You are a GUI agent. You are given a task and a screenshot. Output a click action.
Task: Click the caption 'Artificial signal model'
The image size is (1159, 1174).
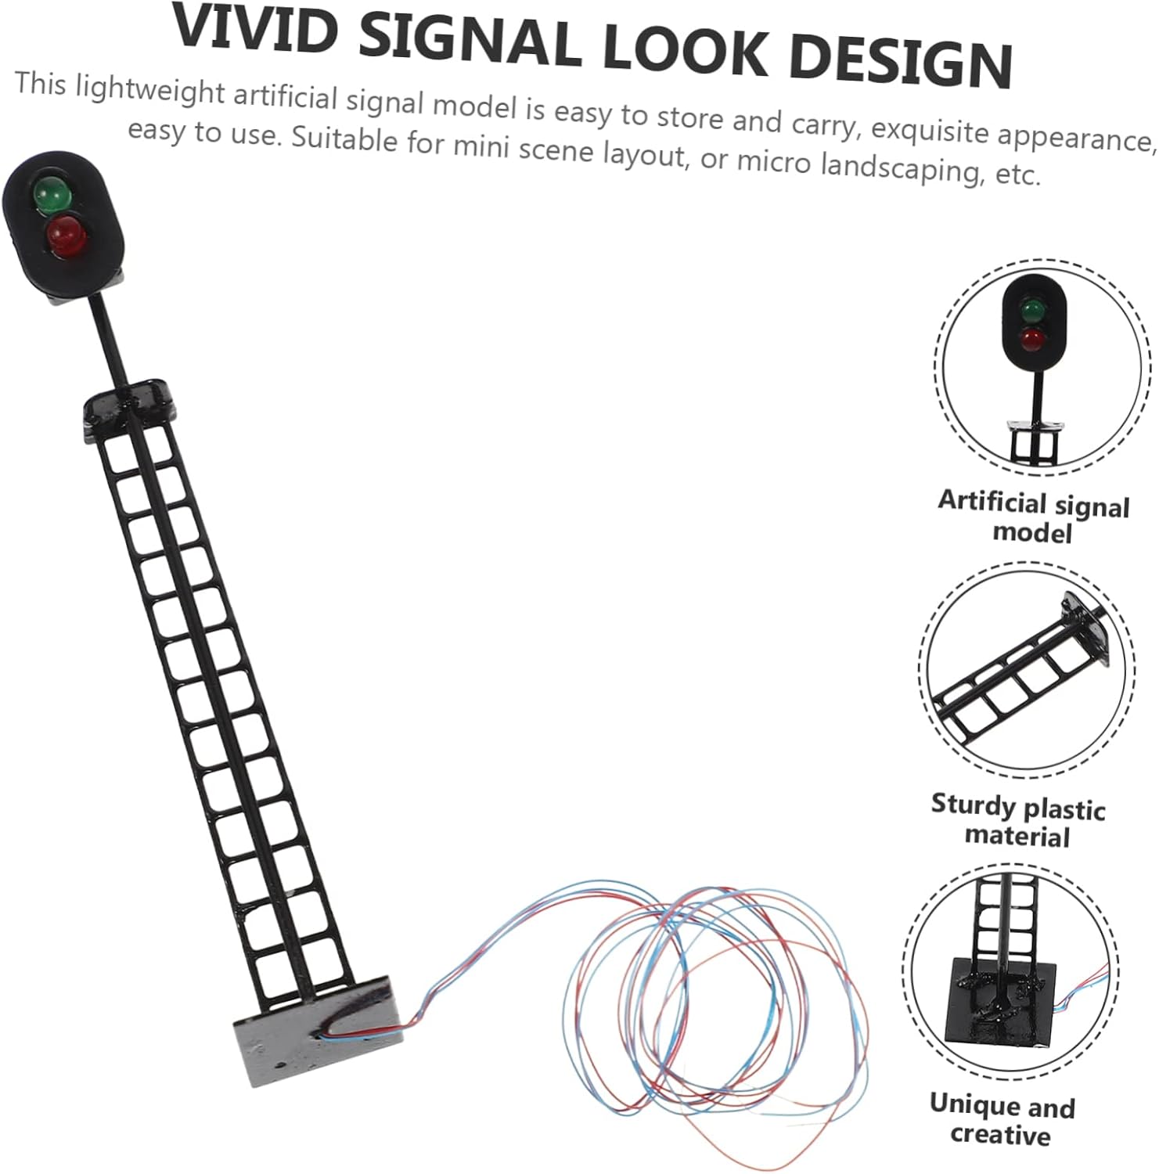pyautogui.click(x=1033, y=517)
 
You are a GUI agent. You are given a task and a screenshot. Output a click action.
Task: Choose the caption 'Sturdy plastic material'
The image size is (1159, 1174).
pyautogui.click(x=1017, y=820)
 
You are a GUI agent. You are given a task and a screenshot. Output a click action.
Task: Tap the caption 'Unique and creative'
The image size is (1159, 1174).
pyautogui.click(x=1002, y=1119)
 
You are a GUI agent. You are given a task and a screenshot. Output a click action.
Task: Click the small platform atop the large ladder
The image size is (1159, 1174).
pyautogui.click(x=130, y=403)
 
